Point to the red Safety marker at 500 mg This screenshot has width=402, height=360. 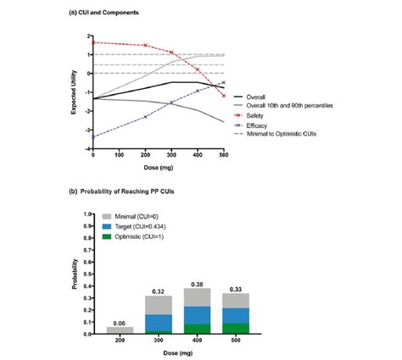(224, 96)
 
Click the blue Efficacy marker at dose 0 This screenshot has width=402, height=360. (92, 136)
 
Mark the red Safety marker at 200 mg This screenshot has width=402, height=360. (145, 46)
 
